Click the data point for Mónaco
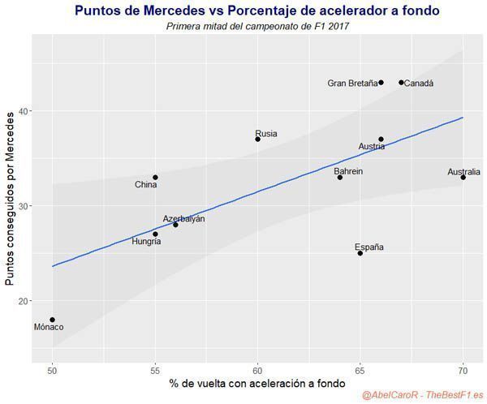[x=53, y=320]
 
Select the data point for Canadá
[x=401, y=83]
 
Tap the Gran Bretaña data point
[x=381, y=83]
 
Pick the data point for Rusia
[x=258, y=139]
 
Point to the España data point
[x=360, y=253]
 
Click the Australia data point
[x=463, y=178]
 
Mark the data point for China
[x=155, y=178]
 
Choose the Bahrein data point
[x=340, y=178]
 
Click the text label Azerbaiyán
[x=184, y=218]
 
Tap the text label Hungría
[x=146, y=241]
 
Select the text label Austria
[x=372, y=146]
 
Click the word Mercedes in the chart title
[x=175, y=11]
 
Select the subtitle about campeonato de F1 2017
[x=257, y=27]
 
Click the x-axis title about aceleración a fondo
[x=257, y=384]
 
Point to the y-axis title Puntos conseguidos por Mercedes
[x=10, y=199]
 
